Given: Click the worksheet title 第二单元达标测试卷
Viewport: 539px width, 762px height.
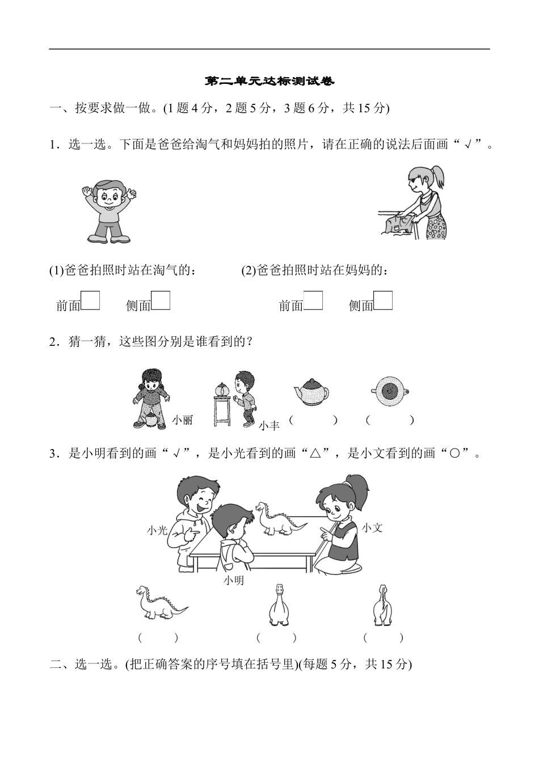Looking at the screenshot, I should (x=269, y=82).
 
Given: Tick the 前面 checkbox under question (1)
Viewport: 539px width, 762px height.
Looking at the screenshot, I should (x=90, y=300).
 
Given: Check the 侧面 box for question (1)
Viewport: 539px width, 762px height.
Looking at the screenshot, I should (x=161, y=300).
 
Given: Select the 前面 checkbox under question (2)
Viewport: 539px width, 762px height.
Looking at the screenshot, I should (x=313, y=300).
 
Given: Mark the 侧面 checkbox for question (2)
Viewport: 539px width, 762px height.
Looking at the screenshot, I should (x=384, y=300).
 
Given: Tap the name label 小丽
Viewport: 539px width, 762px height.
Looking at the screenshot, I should (x=182, y=420).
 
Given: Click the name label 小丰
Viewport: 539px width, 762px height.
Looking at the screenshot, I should (x=269, y=425).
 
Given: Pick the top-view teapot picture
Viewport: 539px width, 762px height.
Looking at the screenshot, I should (x=390, y=391).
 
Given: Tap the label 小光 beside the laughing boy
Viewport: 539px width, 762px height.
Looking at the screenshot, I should (x=157, y=530).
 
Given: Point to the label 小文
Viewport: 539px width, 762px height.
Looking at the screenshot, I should (x=372, y=528).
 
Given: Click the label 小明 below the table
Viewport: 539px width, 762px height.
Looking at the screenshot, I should (x=233, y=581).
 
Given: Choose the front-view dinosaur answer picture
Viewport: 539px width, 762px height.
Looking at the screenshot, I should (x=279, y=605).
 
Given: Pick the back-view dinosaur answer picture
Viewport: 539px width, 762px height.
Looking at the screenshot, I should (x=382, y=605).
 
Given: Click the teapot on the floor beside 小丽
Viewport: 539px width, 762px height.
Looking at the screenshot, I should (x=151, y=420).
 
